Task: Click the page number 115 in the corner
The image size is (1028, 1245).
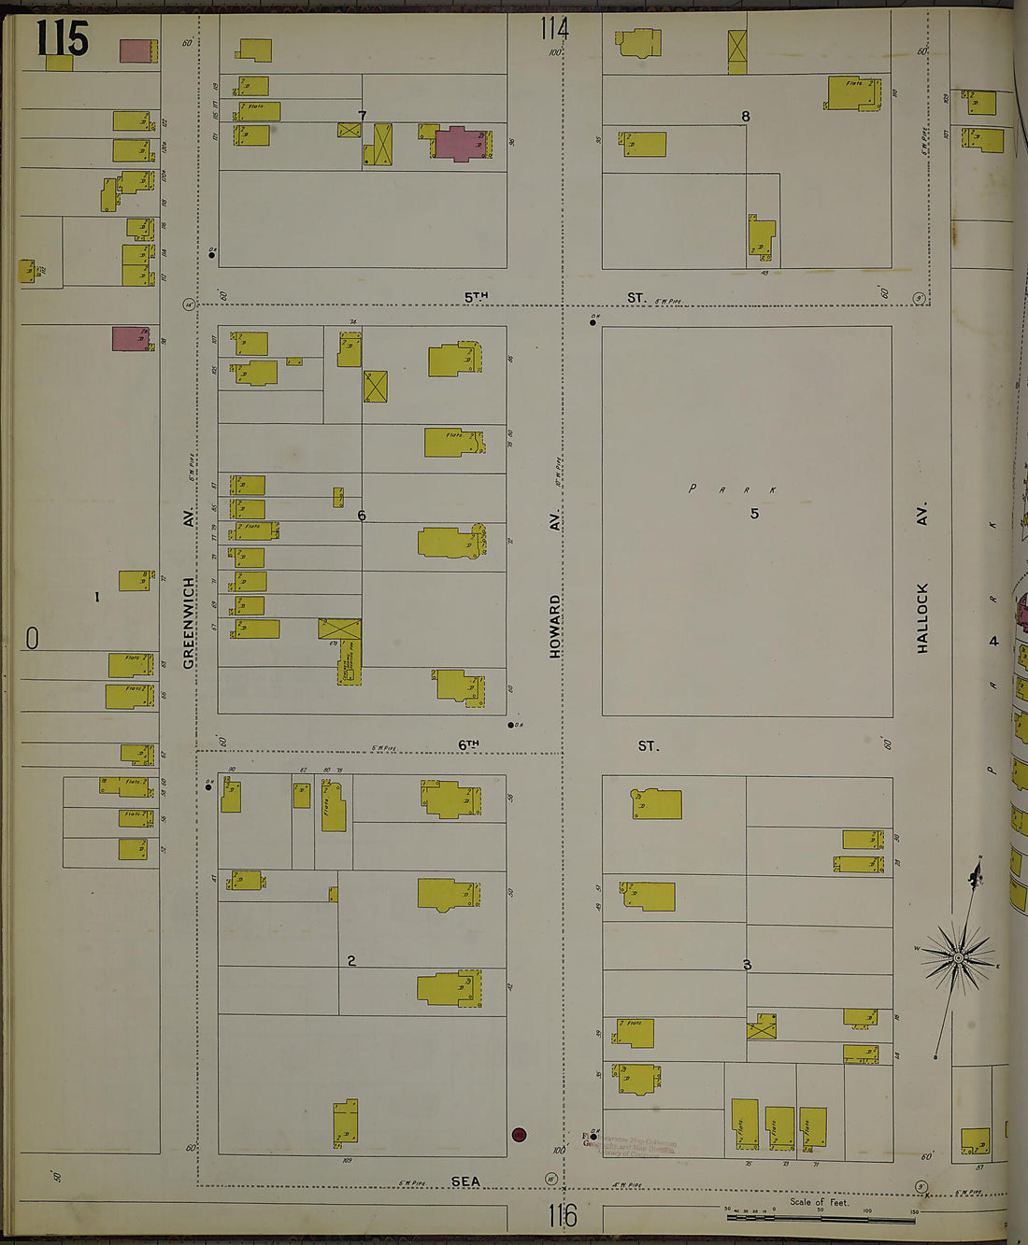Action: tap(63, 38)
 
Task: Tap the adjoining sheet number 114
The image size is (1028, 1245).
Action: tap(554, 29)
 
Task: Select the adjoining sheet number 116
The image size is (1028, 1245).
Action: tap(563, 1215)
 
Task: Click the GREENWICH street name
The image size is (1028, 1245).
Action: tap(189, 622)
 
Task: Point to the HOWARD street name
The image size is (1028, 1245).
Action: tap(555, 627)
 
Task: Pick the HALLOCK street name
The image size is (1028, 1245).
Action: tap(922, 617)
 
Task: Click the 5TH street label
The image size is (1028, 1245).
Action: tap(477, 297)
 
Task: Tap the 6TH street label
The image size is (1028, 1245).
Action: tap(468, 744)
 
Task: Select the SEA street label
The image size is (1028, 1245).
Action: tap(465, 1181)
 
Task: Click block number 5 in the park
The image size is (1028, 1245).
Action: tap(754, 514)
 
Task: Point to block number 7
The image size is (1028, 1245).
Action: tap(362, 116)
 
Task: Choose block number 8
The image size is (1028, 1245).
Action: tap(745, 117)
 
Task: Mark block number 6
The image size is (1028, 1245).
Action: tap(362, 516)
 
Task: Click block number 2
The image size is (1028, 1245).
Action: tap(351, 961)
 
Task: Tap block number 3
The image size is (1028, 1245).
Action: tap(747, 965)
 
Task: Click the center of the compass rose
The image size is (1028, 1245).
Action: tap(958, 958)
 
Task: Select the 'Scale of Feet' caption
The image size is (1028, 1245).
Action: tap(819, 1202)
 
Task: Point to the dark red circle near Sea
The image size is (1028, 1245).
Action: tap(519, 1135)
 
